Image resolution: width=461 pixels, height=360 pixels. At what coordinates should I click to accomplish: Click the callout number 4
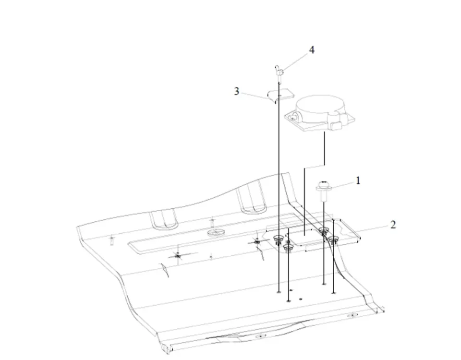(312, 50)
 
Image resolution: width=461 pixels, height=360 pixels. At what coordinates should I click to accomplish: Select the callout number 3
(237, 91)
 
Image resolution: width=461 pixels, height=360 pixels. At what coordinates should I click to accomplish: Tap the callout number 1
(357, 180)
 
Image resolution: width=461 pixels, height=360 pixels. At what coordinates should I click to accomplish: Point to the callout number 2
(393, 224)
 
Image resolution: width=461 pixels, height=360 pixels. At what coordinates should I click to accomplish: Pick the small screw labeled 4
(279, 72)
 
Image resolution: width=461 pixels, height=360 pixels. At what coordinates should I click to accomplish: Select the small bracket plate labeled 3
(280, 95)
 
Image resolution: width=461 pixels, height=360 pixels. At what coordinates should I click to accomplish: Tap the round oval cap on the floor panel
(216, 233)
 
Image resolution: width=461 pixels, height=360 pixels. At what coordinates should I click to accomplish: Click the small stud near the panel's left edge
(111, 240)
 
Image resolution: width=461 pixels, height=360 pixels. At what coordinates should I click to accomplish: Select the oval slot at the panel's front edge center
(260, 336)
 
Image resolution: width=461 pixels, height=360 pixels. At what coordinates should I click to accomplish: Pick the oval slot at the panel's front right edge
(352, 315)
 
